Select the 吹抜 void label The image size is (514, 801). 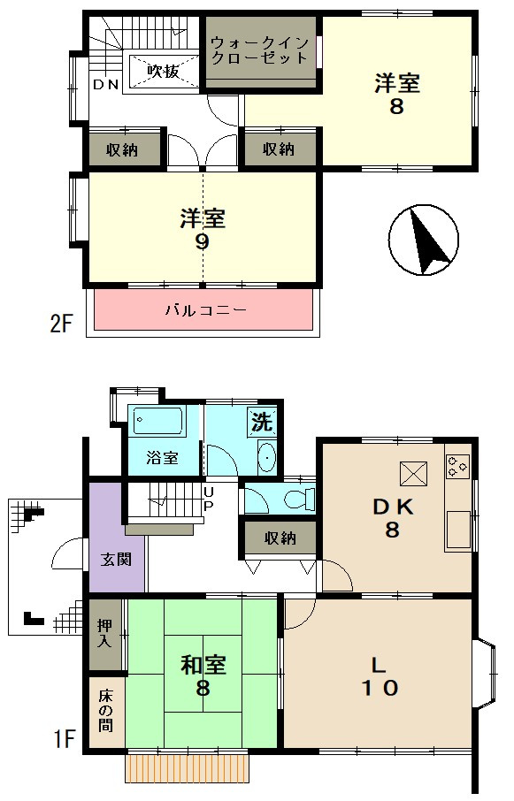164,71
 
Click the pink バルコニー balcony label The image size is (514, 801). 206,310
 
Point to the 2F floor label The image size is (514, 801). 61,324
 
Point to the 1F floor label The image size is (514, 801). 65,739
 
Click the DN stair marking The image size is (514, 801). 106,85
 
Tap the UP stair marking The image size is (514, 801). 209,499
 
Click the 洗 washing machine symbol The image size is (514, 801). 262,422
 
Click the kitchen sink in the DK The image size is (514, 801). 458,530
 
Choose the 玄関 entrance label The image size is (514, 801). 117,559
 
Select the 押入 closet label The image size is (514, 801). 105,633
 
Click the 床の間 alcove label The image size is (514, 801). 106,710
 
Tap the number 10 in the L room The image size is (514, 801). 380,688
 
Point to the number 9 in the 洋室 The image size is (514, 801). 203,241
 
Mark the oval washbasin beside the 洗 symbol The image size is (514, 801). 266,457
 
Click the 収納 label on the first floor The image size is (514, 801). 280,538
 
